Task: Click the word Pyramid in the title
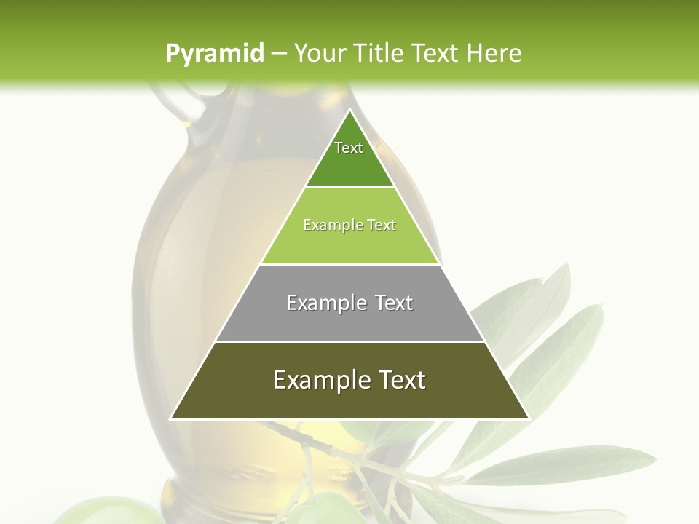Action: coord(215,54)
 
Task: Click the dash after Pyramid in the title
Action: coord(279,54)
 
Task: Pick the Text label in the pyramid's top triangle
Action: coord(349,148)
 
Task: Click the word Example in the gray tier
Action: coord(325,303)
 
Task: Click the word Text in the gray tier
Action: coord(394,303)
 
